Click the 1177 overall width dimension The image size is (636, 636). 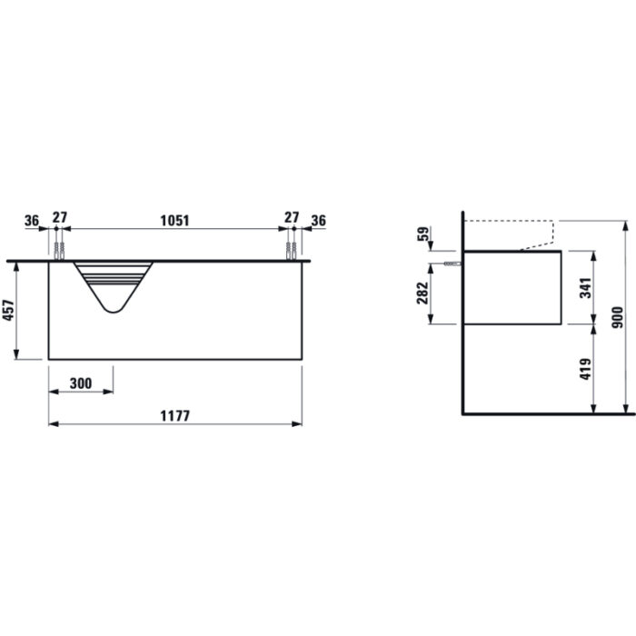click(x=174, y=416)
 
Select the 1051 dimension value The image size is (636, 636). click(x=174, y=221)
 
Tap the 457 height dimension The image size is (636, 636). click(x=8, y=311)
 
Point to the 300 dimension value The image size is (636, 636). click(x=81, y=383)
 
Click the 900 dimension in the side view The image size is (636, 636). click(x=617, y=318)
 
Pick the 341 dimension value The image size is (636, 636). click(x=586, y=288)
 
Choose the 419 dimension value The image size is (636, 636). click(x=586, y=369)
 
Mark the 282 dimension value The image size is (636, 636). click(x=422, y=293)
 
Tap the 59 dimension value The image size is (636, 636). click(x=422, y=234)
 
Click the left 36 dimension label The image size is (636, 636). click(x=32, y=221)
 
